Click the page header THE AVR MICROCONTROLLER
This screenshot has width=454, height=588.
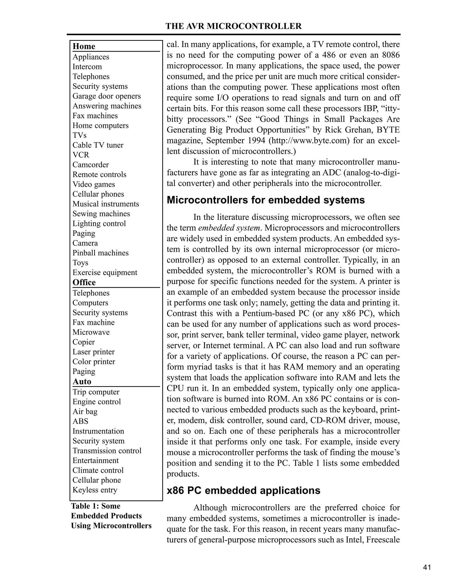(233, 26)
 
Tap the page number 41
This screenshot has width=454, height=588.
(427, 568)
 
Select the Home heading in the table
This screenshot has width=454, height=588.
(84, 46)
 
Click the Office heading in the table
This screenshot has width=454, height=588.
(84, 282)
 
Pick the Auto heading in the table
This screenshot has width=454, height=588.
(82, 381)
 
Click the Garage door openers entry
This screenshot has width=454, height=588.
(106, 96)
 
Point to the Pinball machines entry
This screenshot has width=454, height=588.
(100, 253)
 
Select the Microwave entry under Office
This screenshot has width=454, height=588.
(91, 332)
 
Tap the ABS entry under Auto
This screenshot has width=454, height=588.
(80, 421)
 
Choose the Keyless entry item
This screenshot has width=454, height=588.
(95, 490)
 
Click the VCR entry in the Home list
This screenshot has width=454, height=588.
(81, 155)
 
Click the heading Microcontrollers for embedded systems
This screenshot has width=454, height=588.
(265, 200)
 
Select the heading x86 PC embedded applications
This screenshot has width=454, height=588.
(243, 491)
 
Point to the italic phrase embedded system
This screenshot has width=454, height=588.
(229, 228)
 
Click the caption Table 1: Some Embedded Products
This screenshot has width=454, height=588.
(106, 511)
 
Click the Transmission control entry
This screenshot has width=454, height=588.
(107, 451)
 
